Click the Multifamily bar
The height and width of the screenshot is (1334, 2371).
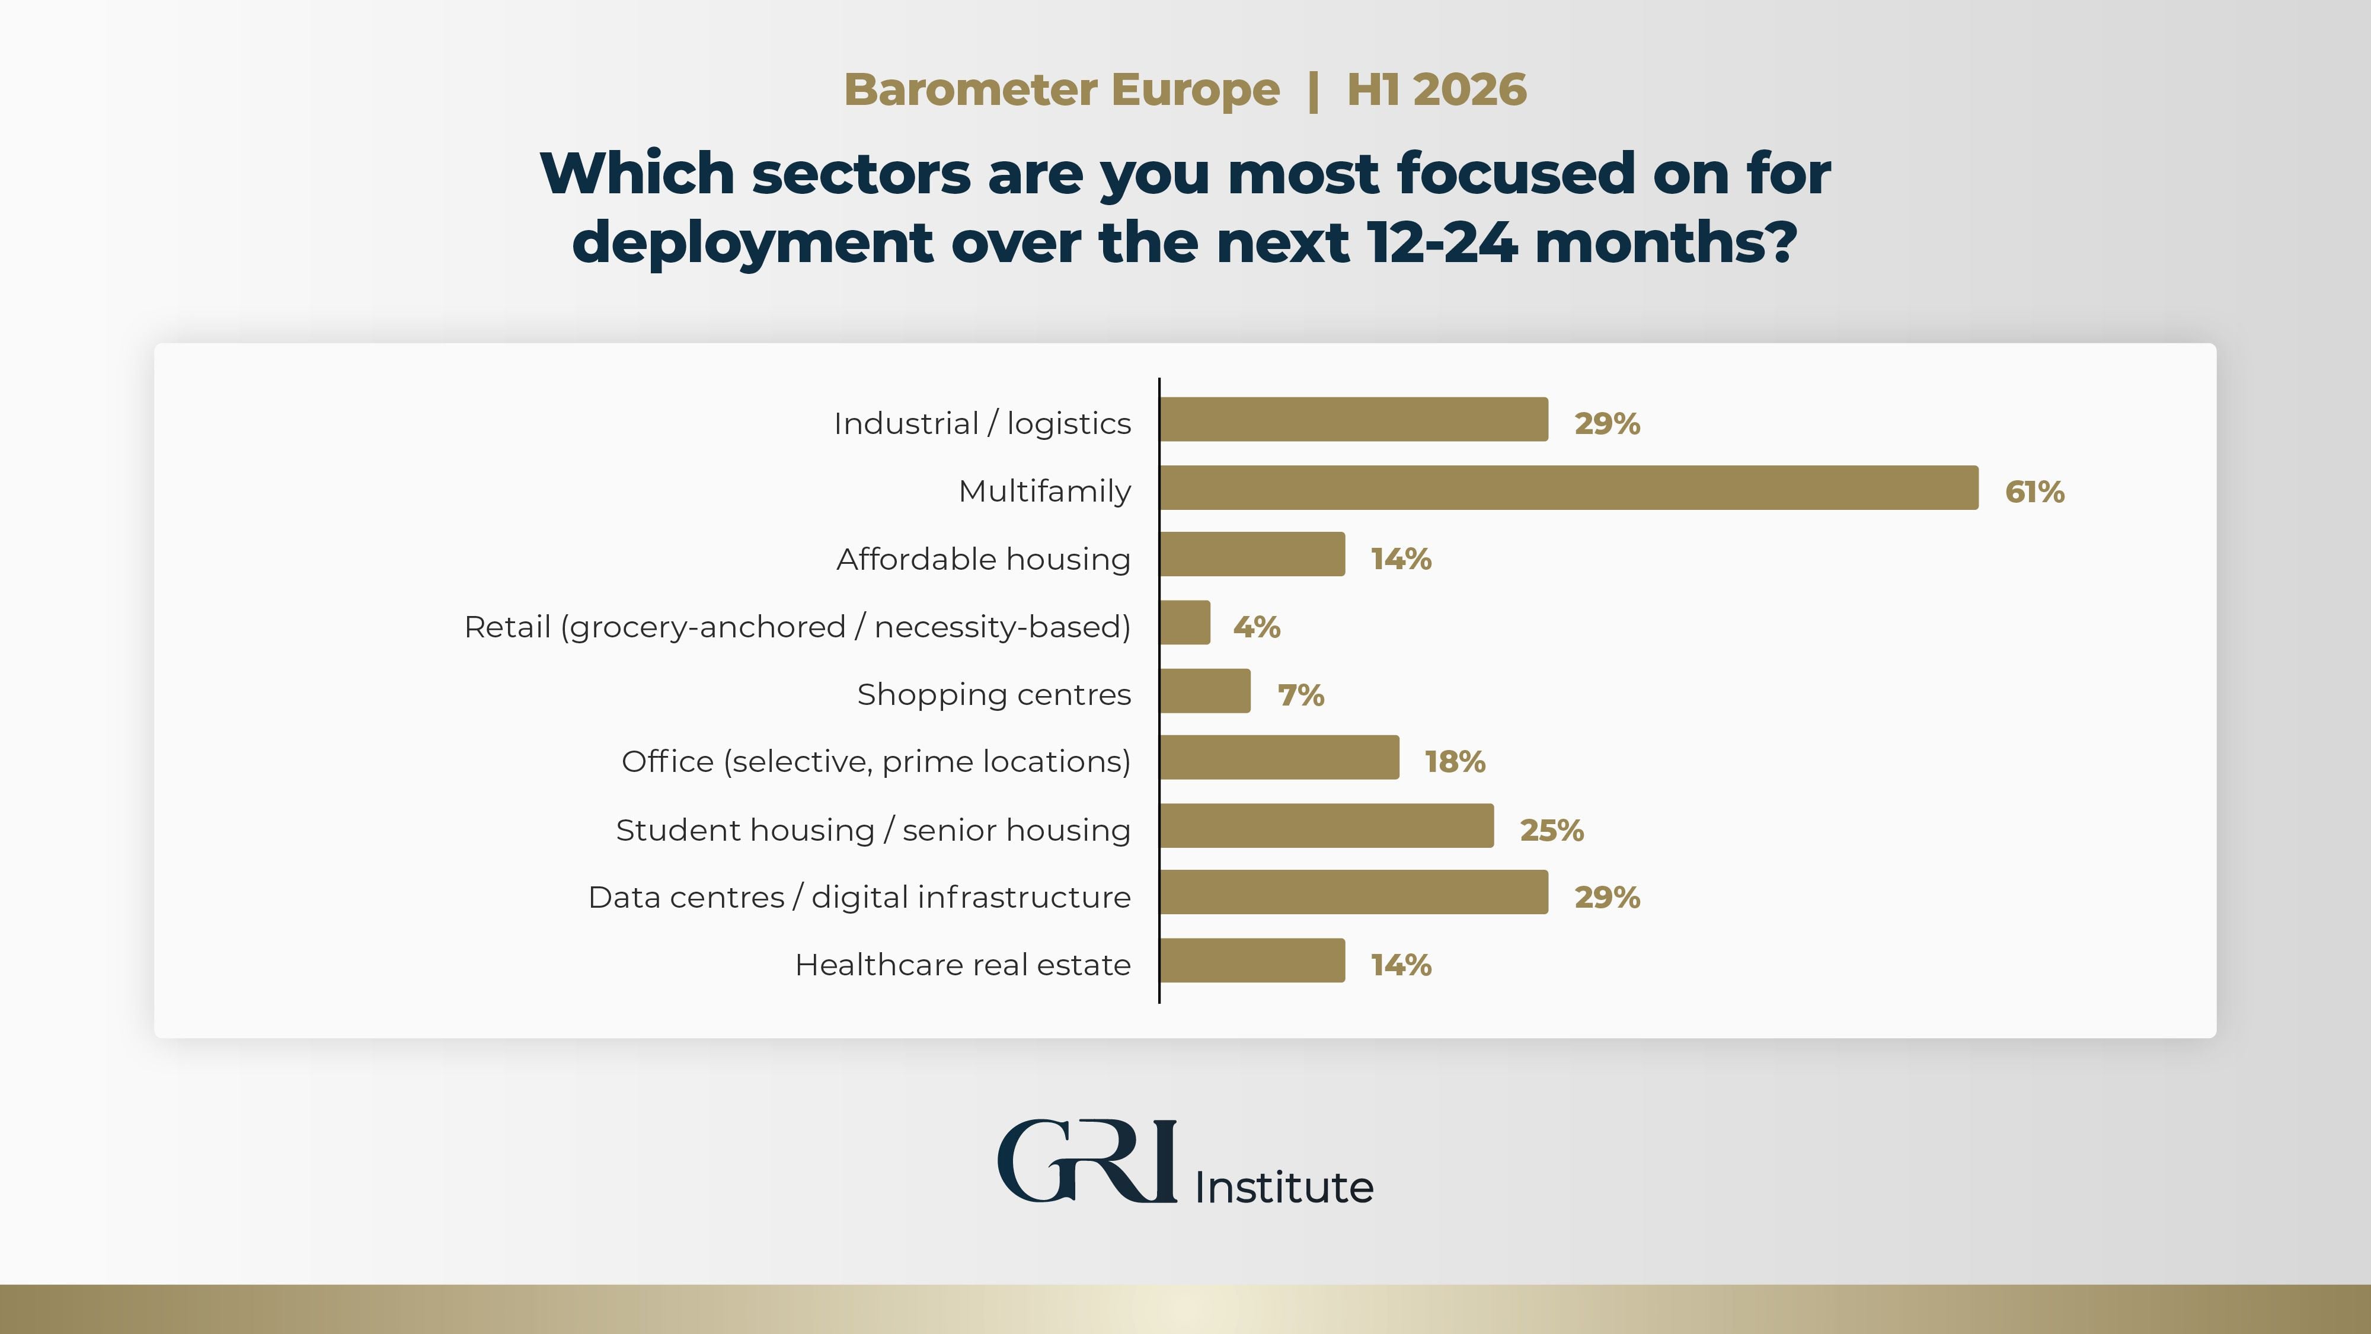[x=1568, y=488]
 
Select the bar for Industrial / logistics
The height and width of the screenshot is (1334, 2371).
[x=1354, y=420]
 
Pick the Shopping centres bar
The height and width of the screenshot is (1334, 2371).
[x=1206, y=691]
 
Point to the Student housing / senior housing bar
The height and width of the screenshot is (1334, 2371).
[x=1327, y=826]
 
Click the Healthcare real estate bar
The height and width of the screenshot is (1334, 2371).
[x=1252, y=961]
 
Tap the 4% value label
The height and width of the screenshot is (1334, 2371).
[x=1257, y=627]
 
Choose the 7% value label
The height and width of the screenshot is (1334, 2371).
[x=1300, y=695]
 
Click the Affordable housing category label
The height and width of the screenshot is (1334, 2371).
[x=983, y=559]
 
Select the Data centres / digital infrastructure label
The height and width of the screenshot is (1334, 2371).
[x=859, y=896]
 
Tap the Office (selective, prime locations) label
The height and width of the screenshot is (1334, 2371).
[x=875, y=761]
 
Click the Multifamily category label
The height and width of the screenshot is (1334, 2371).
[x=1044, y=492]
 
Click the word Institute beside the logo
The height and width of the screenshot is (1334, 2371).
[x=1284, y=1188]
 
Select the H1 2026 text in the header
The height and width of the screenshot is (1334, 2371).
[x=1436, y=90]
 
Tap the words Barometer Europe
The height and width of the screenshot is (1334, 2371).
[x=1061, y=90]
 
